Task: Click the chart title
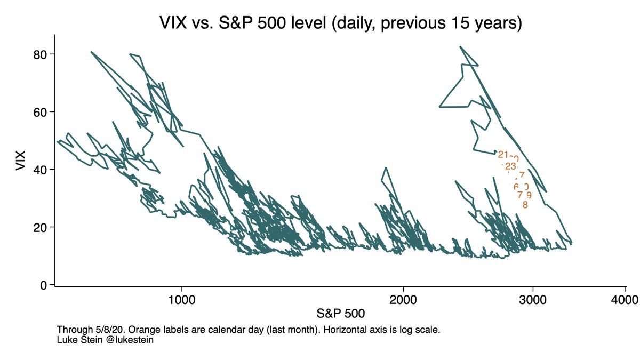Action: (340, 23)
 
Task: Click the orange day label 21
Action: (503, 155)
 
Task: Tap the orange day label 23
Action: (510, 166)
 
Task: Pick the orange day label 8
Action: (525, 204)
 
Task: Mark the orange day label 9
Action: (529, 195)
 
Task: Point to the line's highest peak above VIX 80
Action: (460, 47)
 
